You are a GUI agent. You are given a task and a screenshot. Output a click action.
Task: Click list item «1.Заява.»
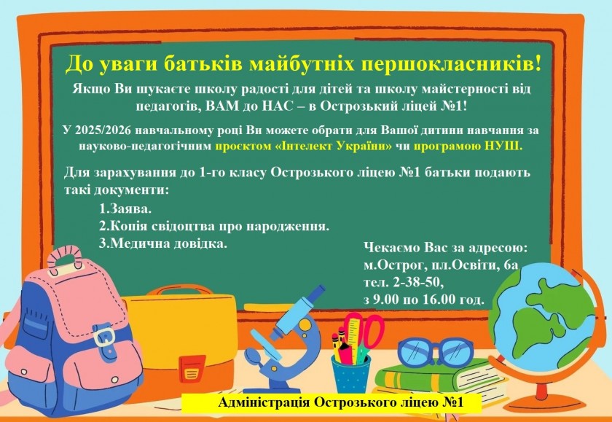point(125,209)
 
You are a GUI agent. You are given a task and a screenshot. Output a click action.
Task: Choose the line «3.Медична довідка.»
point(163,243)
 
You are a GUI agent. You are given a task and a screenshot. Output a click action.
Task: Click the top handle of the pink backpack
point(65,259)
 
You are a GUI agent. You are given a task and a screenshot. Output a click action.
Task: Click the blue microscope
point(284,340)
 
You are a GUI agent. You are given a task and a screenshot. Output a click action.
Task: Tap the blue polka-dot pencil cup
point(351,373)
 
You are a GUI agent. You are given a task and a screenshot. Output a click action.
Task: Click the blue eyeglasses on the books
point(435,353)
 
